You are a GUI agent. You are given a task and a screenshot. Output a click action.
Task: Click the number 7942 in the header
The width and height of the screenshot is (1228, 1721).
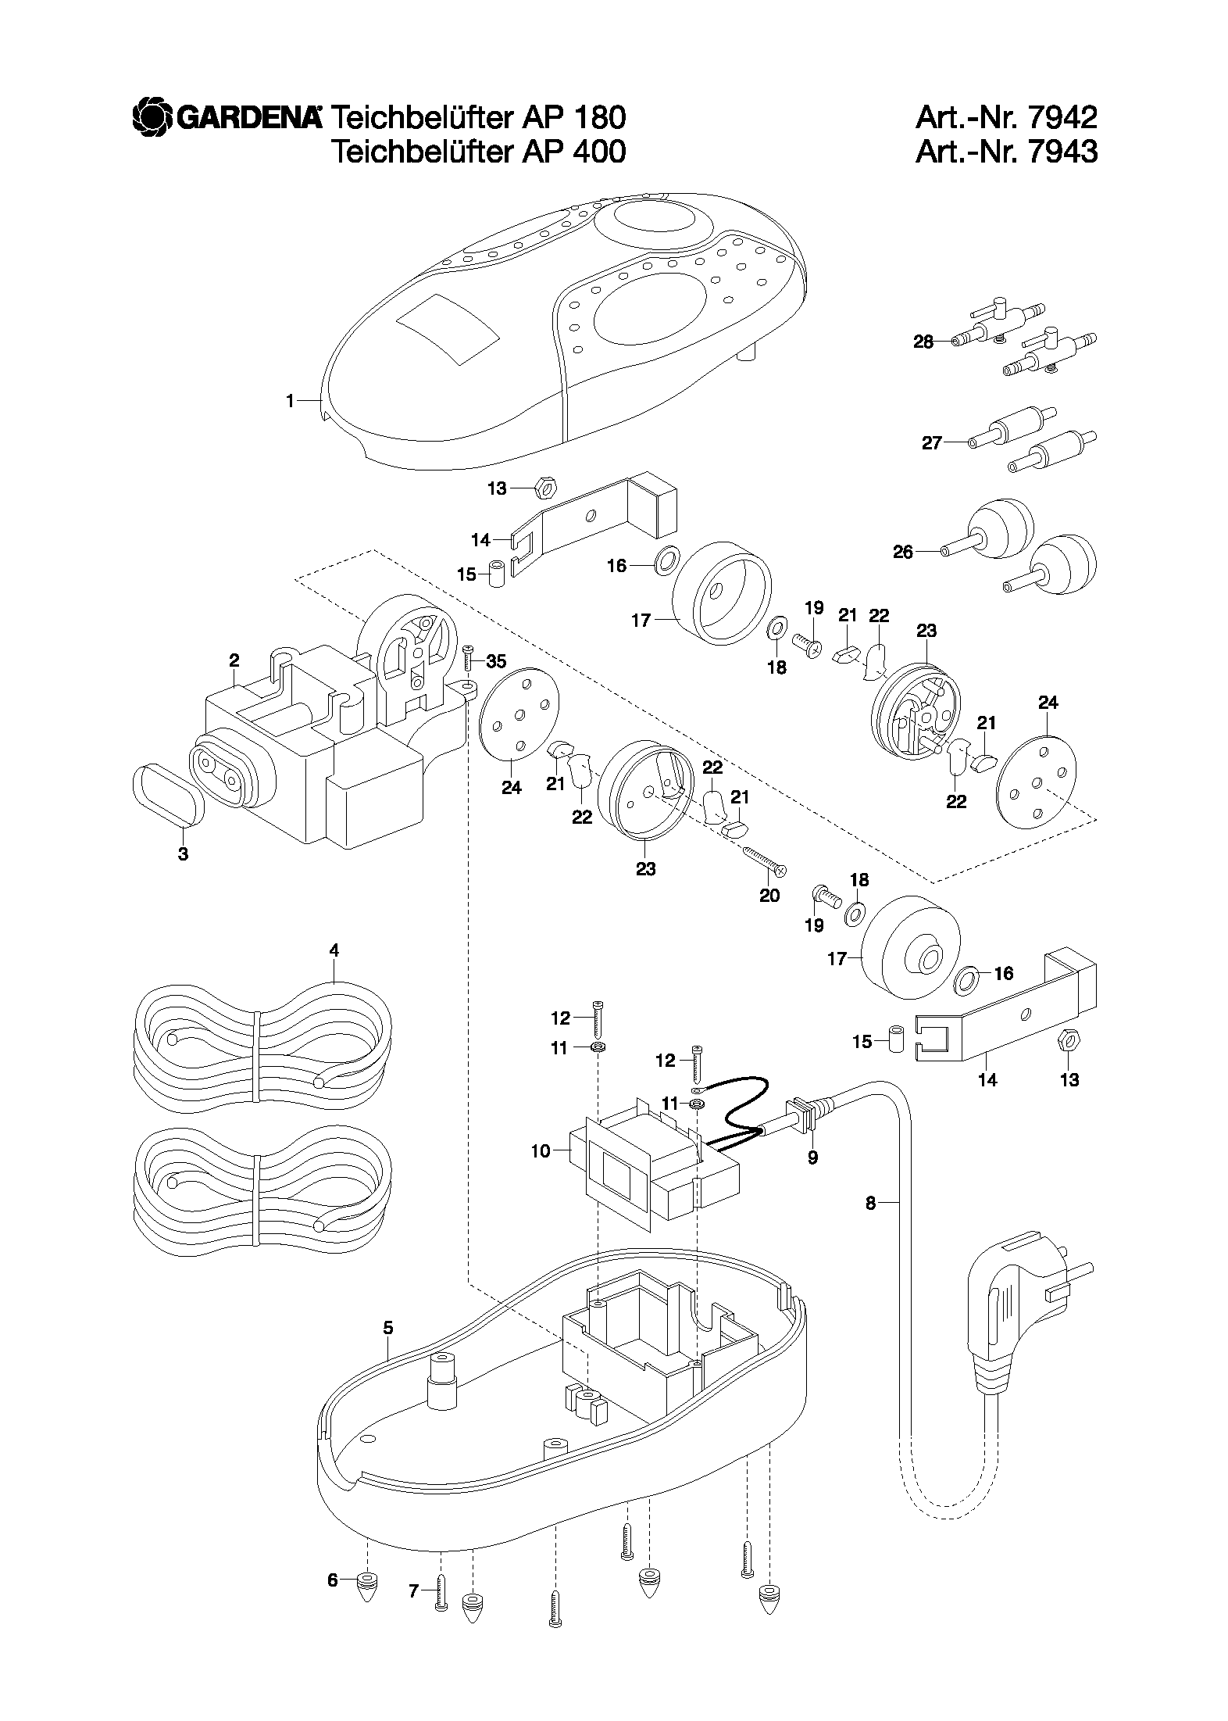pyautogui.click(x=1062, y=117)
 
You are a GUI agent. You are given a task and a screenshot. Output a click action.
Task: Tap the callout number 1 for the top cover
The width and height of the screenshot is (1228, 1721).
pyautogui.click(x=290, y=401)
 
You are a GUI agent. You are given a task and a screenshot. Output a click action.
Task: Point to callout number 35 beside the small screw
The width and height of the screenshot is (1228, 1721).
pyautogui.click(x=496, y=662)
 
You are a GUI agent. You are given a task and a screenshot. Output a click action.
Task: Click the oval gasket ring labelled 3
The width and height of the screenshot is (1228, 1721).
pyautogui.click(x=167, y=793)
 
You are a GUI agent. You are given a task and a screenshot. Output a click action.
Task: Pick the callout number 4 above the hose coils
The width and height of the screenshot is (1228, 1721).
pyautogui.click(x=334, y=950)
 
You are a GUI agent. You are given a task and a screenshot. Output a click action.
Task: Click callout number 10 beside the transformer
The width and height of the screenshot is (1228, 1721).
pyautogui.click(x=541, y=1150)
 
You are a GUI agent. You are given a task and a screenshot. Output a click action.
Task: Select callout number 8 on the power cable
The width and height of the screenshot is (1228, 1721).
pyautogui.click(x=871, y=1204)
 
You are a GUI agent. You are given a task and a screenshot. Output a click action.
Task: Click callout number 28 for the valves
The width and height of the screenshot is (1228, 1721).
pyautogui.click(x=923, y=342)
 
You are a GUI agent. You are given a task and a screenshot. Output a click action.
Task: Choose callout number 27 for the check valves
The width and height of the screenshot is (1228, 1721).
pyautogui.click(x=932, y=443)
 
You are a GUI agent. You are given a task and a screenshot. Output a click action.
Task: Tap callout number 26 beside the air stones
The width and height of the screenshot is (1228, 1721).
pyautogui.click(x=903, y=552)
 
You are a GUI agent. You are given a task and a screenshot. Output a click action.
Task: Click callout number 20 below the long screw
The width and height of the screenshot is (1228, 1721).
pyautogui.click(x=769, y=895)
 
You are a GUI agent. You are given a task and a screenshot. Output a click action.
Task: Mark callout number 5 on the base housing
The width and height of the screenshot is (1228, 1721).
pyautogui.click(x=388, y=1328)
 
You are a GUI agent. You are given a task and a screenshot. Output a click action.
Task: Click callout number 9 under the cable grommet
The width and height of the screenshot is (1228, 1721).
pyautogui.click(x=812, y=1157)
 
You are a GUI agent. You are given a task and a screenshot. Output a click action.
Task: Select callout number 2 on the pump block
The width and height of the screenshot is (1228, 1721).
pyautogui.click(x=234, y=660)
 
